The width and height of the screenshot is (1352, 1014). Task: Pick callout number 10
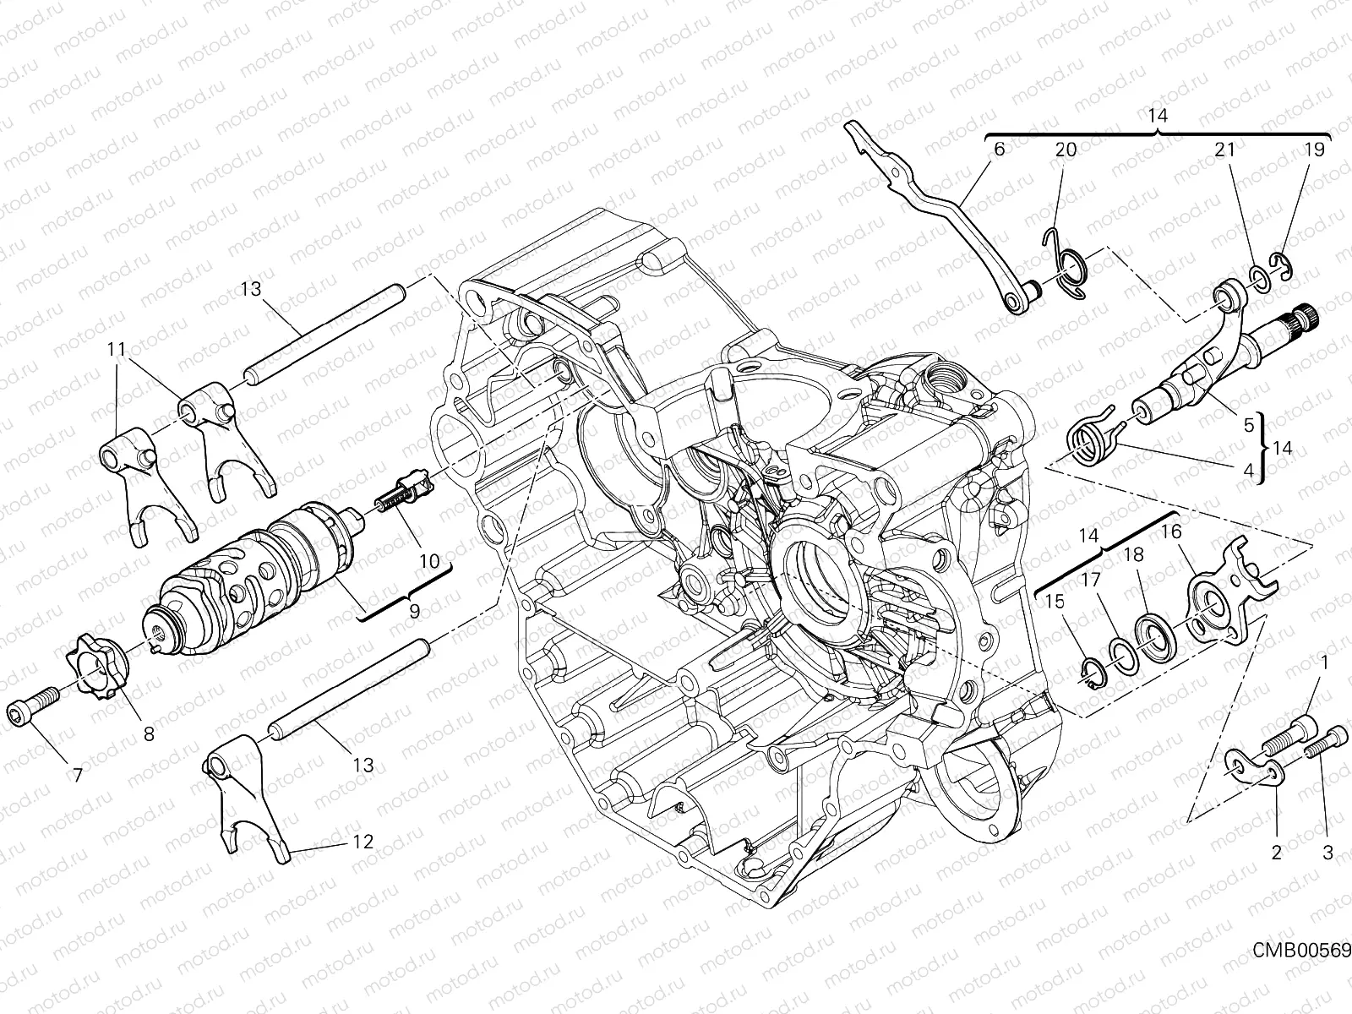tap(429, 560)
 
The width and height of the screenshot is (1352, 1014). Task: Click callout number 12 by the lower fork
tap(363, 842)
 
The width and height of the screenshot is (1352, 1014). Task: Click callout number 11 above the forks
tap(117, 347)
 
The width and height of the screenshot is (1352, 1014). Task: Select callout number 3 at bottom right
tap(1327, 853)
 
